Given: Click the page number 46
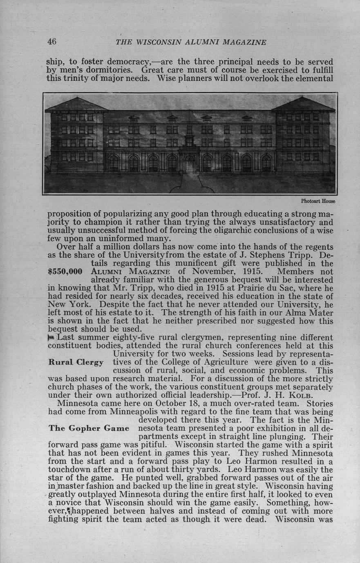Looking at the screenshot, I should (x=51, y=41).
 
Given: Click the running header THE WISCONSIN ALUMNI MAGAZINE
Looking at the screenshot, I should (x=191, y=42).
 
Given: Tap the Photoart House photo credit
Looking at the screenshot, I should (x=318, y=201).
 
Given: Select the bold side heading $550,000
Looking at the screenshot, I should (x=65, y=271).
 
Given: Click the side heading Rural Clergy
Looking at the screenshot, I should (x=76, y=362).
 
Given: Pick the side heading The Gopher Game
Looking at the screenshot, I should (x=89, y=428).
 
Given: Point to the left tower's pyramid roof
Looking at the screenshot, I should (x=77, y=105).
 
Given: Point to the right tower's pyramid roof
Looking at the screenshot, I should (x=303, y=104).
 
